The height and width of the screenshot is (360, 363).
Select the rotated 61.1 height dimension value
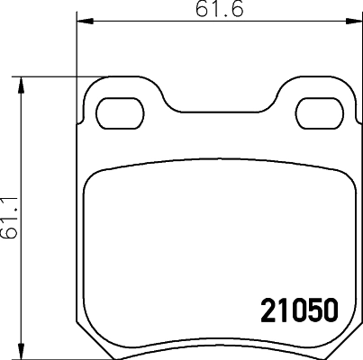(10, 216)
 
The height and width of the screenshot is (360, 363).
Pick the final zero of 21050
(329, 311)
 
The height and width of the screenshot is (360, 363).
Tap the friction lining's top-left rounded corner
(93, 178)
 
